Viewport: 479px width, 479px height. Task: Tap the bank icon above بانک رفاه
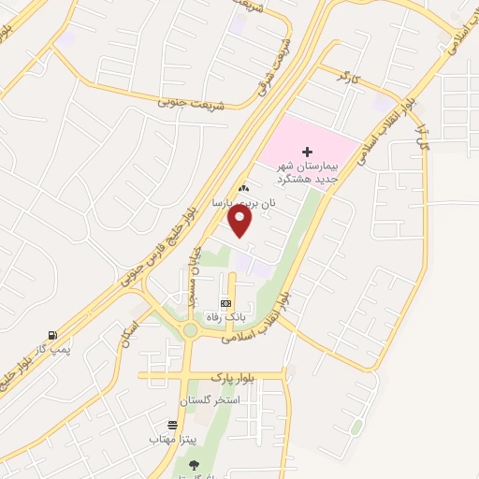pos(225,304)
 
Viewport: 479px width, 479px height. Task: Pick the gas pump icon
pos(51,336)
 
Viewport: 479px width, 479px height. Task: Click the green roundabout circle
pos(191,329)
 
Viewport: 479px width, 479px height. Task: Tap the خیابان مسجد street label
pos(193,281)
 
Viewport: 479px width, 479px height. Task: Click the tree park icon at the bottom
pos(194,464)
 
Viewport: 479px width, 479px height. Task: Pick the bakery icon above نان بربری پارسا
pos(243,188)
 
